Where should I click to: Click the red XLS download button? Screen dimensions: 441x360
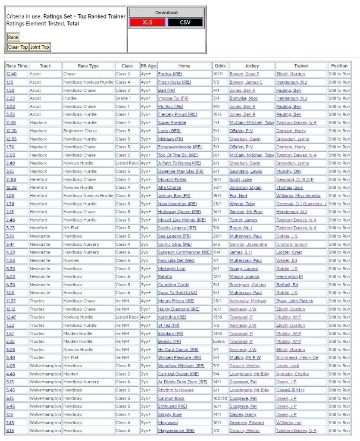pyautogui.click(x=147, y=22)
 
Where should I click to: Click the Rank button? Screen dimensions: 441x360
pyautogui.click(x=13, y=38)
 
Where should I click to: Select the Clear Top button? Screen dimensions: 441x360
pyautogui.click(x=18, y=47)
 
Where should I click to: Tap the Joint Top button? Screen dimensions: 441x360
pyautogui.click(x=40, y=47)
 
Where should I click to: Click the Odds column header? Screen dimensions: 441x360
pyautogui.click(x=220, y=66)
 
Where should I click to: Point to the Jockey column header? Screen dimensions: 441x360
pyautogui.click(x=252, y=66)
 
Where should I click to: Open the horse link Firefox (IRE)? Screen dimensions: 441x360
pyautogui.click(x=170, y=74)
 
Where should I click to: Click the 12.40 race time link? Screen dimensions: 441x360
pyautogui.click(x=11, y=74)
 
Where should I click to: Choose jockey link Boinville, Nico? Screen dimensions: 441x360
pyautogui.click(x=243, y=98)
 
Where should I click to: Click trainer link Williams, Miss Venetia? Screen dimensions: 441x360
pyautogui.click(x=298, y=196)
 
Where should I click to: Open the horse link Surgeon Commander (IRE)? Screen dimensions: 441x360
pyautogui.click(x=184, y=252)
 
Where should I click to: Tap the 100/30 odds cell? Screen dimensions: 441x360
pyautogui.click(x=220, y=398)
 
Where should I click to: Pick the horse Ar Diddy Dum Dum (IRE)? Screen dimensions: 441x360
pyautogui.click(x=182, y=382)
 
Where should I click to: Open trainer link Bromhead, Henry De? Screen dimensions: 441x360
pyautogui.click(x=297, y=358)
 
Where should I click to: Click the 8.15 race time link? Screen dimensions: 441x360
pyautogui.click(x=10, y=431)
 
